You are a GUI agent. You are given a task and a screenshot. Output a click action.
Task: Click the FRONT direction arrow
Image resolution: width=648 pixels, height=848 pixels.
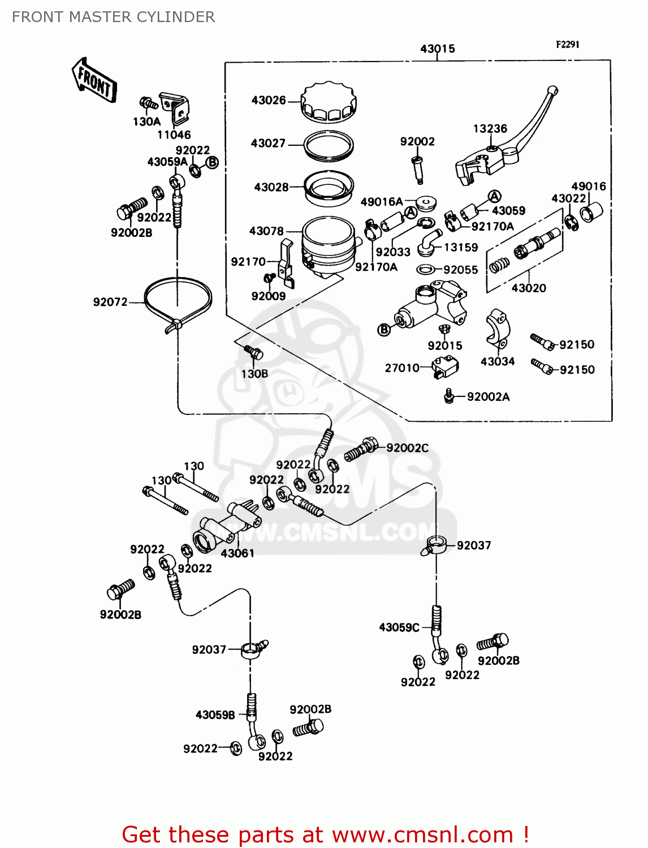click(94, 81)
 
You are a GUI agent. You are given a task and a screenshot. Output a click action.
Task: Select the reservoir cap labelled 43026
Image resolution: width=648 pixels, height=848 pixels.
click(329, 103)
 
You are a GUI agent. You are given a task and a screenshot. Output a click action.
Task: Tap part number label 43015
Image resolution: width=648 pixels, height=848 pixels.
click(437, 49)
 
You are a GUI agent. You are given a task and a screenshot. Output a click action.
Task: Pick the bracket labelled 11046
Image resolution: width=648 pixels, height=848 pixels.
click(175, 109)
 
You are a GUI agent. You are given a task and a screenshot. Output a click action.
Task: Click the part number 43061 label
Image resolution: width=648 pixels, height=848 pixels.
click(237, 553)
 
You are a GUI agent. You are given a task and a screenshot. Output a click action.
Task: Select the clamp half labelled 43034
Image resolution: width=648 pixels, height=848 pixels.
click(498, 330)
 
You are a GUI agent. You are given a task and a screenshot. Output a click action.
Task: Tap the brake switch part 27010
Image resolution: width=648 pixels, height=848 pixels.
click(444, 367)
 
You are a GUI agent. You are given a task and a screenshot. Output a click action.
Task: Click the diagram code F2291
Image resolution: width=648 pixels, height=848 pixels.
click(567, 45)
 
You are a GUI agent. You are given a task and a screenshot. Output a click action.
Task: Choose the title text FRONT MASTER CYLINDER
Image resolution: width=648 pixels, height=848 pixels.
click(113, 17)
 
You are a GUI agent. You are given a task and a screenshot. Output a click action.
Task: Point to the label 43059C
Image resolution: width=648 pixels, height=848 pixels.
click(399, 628)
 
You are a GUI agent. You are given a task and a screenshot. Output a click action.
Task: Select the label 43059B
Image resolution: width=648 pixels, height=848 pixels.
click(215, 715)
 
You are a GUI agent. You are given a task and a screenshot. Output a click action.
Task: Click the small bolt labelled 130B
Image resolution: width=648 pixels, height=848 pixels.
click(253, 353)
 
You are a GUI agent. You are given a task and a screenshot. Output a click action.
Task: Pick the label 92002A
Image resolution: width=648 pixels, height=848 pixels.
click(488, 397)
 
